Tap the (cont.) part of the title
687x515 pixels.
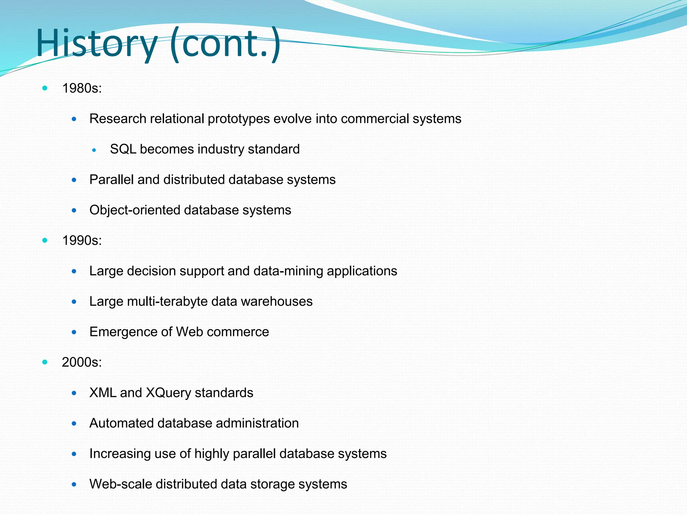point(225,44)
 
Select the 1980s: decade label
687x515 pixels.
point(82,89)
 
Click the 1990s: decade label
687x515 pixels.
point(82,240)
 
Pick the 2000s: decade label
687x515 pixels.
point(82,362)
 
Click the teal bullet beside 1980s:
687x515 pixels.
point(45,89)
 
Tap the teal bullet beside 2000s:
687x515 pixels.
point(45,362)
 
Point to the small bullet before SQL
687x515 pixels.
point(94,150)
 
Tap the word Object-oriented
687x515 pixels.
point(135,210)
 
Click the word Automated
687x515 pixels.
point(121,423)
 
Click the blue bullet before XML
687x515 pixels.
point(74,393)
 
